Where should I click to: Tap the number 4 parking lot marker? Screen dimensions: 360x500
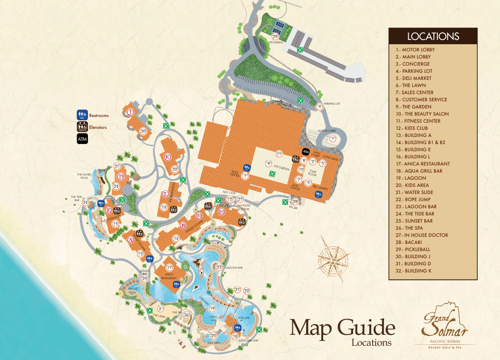point(319,107)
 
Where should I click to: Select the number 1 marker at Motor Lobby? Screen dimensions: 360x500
point(333,138)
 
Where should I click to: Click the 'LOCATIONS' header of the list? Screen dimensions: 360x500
point(433,37)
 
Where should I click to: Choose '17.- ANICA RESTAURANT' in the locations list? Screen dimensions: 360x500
point(422,164)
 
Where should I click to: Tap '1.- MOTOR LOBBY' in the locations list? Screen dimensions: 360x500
point(415,49)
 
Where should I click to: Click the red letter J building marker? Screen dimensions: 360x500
point(131,112)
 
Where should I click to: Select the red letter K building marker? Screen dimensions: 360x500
point(167,157)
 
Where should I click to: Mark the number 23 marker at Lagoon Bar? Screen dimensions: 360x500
point(219,267)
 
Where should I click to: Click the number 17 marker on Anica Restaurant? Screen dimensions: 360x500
point(169,268)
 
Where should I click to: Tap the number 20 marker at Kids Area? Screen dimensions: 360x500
point(213,336)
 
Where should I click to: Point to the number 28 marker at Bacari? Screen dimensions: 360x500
point(295,202)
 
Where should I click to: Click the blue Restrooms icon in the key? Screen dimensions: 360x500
point(81,114)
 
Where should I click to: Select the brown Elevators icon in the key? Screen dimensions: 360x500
point(81,126)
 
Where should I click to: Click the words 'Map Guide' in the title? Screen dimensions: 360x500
point(342,328)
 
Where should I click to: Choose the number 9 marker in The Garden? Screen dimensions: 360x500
point(269,164)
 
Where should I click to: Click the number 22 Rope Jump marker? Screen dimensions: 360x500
point(246,290)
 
